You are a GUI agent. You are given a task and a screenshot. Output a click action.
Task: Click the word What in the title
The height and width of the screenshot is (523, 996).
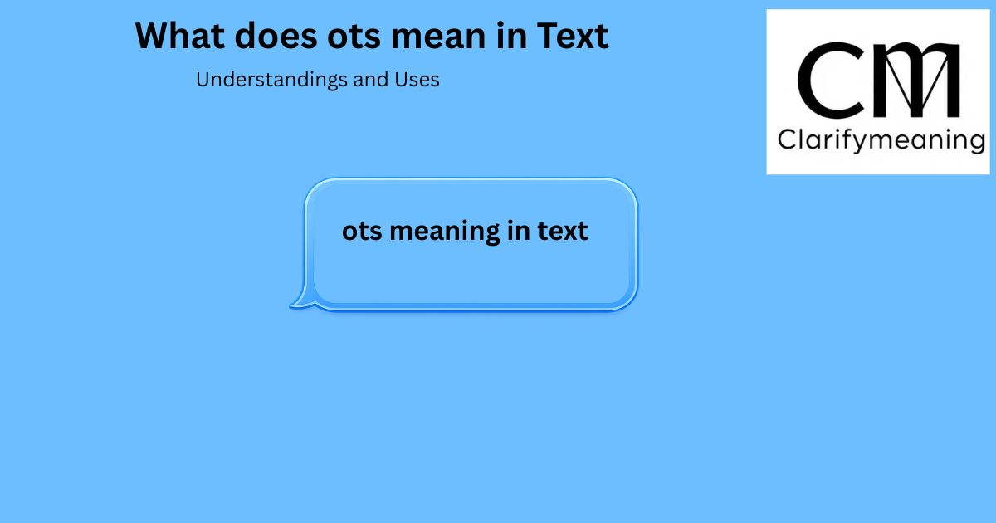pyautogui.click(x=179, y=36)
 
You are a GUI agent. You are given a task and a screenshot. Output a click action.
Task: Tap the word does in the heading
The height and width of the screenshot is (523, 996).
pyautogui.click(x=276, y=36)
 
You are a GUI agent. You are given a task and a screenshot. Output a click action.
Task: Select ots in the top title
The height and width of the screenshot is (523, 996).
pyautogui.click(x=354, y=37)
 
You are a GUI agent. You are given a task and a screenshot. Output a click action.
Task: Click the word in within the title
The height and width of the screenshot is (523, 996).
pyautogui.click(x=511, y=36)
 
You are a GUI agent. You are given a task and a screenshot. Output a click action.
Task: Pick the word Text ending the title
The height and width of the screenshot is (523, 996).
pyautogui.click(x=573, y=36)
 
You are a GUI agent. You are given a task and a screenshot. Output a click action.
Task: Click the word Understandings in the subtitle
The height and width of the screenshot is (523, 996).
pyautogui.click(x=271, y=81)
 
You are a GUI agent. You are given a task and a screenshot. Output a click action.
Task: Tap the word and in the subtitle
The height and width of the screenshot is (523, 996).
pyautogui.click(x=371, y=80)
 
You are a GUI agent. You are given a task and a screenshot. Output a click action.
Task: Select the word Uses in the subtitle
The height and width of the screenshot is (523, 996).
pyautogui.click(x=417, y=80)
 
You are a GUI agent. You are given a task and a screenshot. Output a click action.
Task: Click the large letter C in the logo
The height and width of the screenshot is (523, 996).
pyautogui.click(x=830, y=80)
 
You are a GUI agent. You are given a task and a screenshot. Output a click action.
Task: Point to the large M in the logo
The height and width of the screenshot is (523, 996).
pyautogui.click(x=916, y=80)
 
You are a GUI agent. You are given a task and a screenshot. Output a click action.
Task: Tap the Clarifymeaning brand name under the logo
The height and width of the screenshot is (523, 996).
pyautogui.click(x=881, y=140)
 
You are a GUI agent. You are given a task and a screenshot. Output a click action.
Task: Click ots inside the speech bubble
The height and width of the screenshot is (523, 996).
pyautogui.click(x=362, y=232)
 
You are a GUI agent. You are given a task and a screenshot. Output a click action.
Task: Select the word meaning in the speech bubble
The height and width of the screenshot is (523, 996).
pyautogui.click(x=445, y=232)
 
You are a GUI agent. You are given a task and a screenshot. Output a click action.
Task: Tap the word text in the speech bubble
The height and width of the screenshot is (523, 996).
pyautogui.click(x=563, y=231)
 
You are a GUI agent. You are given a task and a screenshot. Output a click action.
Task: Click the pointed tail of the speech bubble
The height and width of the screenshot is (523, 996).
pyautogui.click(x=291, y=305)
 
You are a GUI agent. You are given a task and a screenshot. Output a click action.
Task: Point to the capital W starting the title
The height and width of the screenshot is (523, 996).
pyautogui.click(x=154, y=36)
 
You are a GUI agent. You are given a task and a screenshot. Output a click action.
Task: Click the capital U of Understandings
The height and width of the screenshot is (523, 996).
pyautogui.click(x=203, y=80)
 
